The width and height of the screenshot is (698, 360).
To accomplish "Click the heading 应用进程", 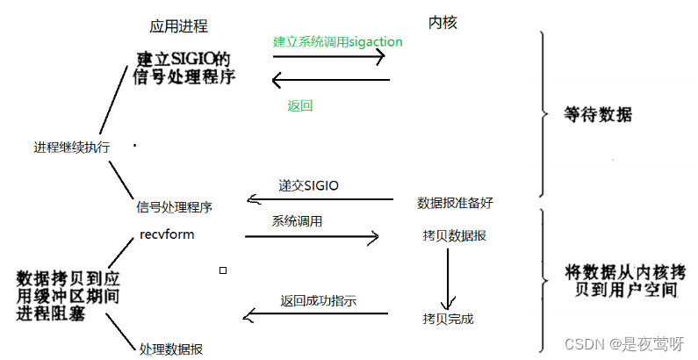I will [x=178, y=26].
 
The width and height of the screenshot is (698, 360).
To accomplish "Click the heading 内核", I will [x=442, y=23].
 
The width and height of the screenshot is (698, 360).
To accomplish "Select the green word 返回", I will [x=299, y=105].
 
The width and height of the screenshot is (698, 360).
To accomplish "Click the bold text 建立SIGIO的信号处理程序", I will [x=186, y=67].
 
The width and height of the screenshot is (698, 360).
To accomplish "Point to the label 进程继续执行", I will [x=71, y=148].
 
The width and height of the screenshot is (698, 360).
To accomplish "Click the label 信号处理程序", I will [x=174, y=207].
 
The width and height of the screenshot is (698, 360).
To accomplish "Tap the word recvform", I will [x=167, y=234].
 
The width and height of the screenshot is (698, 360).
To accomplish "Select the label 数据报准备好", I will [x=455, y=203].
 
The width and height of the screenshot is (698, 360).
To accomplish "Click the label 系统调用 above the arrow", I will [x=297, y=221].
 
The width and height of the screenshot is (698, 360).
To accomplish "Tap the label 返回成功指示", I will [x=318, y=300].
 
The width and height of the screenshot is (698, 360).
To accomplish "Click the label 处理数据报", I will [x=171, y=349].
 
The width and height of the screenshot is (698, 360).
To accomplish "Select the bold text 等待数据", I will [x=598, y=115].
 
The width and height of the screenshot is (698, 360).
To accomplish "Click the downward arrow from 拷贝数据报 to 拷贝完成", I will [x=448, y=277].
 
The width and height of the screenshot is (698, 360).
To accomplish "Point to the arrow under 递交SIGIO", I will [x=320, y=200].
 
